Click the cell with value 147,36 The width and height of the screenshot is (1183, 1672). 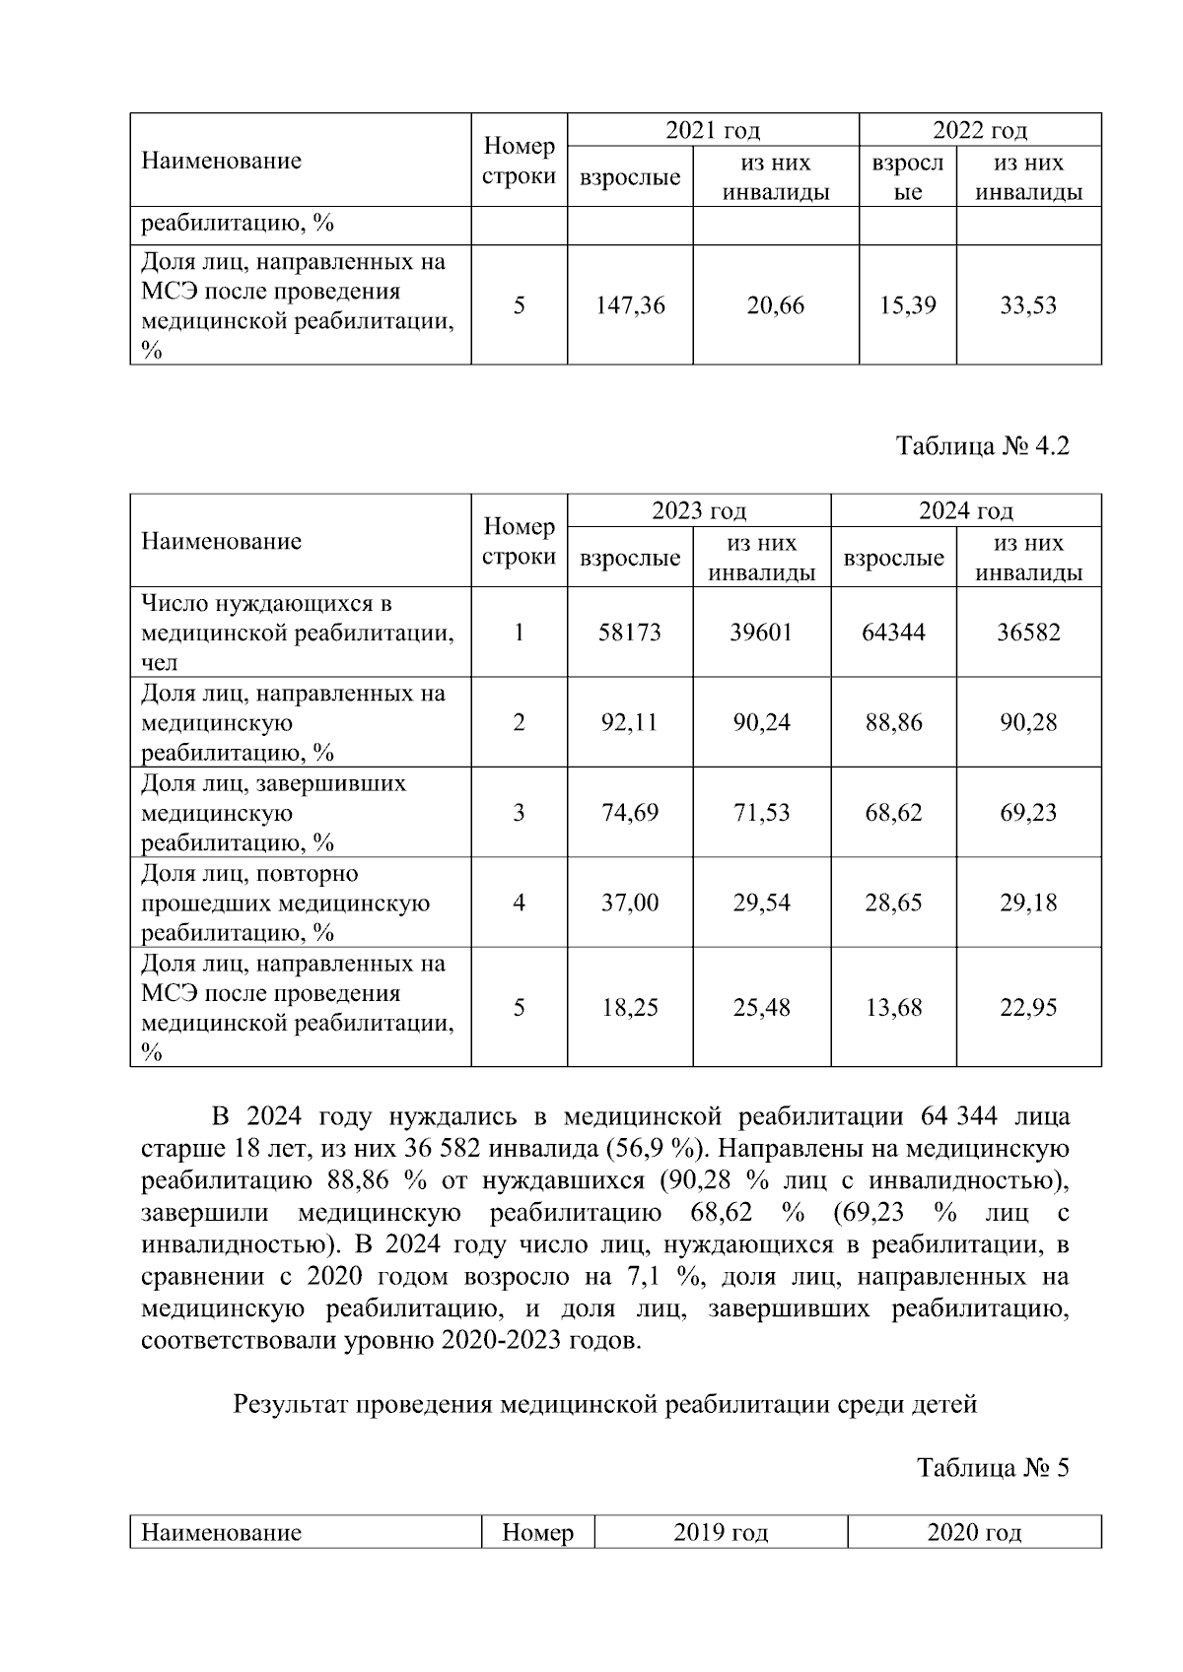point(630,305)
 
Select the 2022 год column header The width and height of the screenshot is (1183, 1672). point(980,130)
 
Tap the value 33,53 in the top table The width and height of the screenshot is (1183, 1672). point(1028,305)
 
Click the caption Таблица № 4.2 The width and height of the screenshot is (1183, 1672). point(982,446)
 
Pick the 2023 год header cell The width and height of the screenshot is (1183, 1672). point(698,510)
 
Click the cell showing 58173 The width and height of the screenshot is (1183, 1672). point(630,633)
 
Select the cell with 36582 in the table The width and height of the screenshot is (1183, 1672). point(1028,633)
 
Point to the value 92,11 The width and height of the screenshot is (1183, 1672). point(630,722)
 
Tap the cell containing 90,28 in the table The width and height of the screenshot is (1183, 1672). point(1028,722)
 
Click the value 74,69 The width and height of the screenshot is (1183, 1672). point(630,813)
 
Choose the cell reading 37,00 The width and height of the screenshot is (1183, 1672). point(630,903)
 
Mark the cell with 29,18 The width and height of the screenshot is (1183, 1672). point(1028,903)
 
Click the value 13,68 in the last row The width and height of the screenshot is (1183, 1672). point(893,1008)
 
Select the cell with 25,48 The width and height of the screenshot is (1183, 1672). point(761,1008)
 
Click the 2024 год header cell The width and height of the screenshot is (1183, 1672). point(966,510)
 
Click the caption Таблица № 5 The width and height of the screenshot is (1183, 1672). point(993,1468)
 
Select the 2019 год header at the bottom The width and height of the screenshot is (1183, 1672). point(721,1533)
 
